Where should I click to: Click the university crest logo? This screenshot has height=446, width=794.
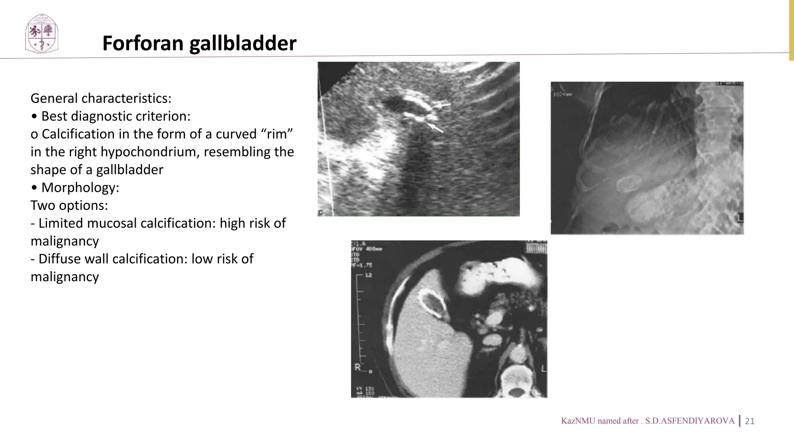coord(41,34)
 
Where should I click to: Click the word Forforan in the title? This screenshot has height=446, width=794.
coord(143,43)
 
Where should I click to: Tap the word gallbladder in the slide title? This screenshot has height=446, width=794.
coord(243,43)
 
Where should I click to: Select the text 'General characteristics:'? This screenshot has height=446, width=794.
coord(101,98)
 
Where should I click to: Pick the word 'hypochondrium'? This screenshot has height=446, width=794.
coord(150,152)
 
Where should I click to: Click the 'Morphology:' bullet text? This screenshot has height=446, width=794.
coord(80,187)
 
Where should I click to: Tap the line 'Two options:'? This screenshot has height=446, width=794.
coord(69,205)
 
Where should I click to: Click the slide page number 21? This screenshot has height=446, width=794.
coord(750,421)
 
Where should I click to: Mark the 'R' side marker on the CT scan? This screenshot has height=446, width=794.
coord(357,367)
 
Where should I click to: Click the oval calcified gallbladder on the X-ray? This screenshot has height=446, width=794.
coord(627,183)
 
